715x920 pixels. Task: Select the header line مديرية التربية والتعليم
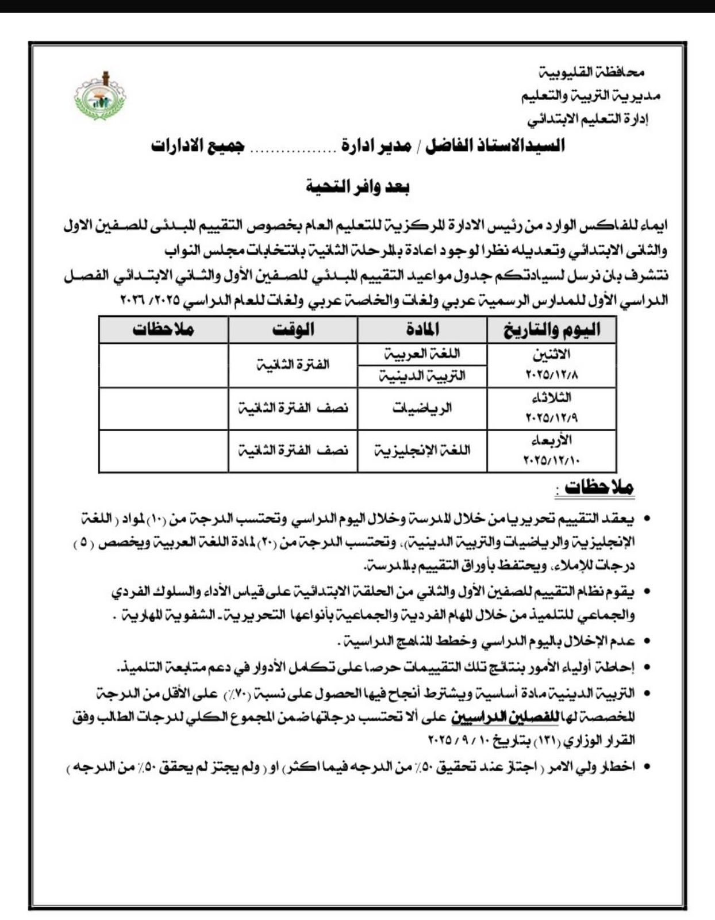click(591, 96)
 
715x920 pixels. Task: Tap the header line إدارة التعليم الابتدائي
click(588, 120)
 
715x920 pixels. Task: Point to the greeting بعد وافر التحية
click(357, 186)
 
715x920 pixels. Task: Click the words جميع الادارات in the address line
click(198, 145)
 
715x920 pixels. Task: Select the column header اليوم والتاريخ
click(552, 329)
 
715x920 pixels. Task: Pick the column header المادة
click(422, 329)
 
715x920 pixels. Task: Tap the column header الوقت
click(293, 329)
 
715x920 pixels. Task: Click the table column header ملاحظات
click(163, 329)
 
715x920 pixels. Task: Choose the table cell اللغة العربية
click(422, 354)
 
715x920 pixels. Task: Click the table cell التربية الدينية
click(422, 376)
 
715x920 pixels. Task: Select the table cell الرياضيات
click(422, 408)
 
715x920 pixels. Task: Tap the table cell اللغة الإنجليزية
click(422, 450)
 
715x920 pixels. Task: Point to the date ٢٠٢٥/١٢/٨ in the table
click(552, 374)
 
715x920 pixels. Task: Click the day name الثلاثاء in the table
click(552, 397)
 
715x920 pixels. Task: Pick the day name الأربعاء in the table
click(552, 440)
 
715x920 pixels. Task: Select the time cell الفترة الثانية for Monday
click(293, 365)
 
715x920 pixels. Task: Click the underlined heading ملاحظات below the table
click(599, 488)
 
